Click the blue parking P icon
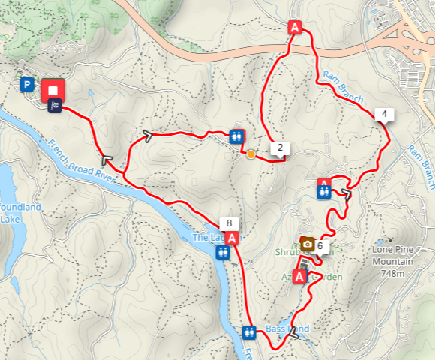point(28,85)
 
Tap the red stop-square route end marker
point(53,90)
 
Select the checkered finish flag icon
point(55,106)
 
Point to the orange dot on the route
point(251,154)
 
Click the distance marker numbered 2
point(280,148)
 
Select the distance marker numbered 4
point(384,115)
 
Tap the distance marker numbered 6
point(320,245)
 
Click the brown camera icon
point(307,244)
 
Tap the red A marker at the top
point(295,28)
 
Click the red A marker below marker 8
point(233,238)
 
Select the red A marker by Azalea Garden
point(300,277)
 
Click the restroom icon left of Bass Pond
point(249,331)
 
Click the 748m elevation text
point(395,273)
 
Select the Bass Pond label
point(287,328)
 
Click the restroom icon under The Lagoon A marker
point(222,253)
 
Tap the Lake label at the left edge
point(11,219)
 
